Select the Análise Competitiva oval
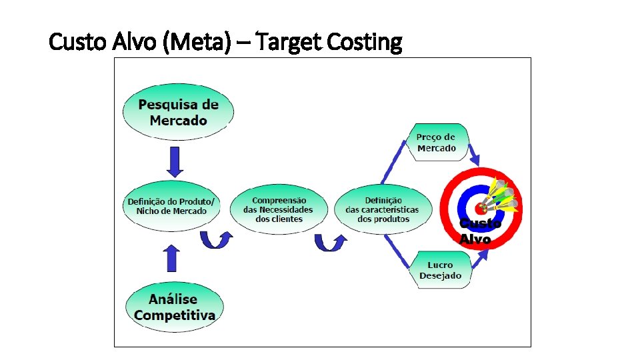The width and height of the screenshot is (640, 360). tap(174, 307)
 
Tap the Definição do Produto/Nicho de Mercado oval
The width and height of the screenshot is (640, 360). tap(171, 206)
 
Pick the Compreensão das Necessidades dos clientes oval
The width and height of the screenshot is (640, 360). tap(279, 209)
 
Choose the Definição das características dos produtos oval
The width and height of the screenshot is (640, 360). tap(383, 209)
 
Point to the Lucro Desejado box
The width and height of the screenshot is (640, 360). tap(440, 270)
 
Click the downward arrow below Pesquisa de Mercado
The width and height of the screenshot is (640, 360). tap(175, 161)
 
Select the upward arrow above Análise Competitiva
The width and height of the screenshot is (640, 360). tap(172, 257)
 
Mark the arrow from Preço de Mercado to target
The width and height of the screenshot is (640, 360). tap(473, 156)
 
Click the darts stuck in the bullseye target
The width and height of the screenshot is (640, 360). tap(501, 195)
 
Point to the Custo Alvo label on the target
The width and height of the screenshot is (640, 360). tap(478, 231)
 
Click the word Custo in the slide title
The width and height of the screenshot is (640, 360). tap(75, 43)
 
